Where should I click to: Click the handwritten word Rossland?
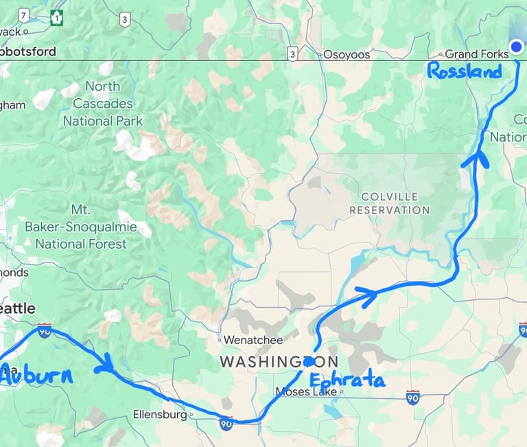pyautogui.click(x=464, y=71)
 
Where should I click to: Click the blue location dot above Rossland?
pyautogui.click(x=516, y=47)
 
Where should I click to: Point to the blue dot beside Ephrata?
pyautogui.click(x=309, y=361)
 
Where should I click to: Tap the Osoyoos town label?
pyautogui.click(x=346, y=54)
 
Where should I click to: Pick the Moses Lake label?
pyautogui.click(x=305, y=392)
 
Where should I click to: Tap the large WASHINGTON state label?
pyautogui.click(x=278, y=361)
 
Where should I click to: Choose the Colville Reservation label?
pyautogui.click(x=389, y=203)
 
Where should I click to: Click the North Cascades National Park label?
pyautogui.click(x=103, y=104)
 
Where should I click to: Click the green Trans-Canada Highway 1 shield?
pyautogui.click(x=56, y=19)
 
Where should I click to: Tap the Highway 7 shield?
pyautogui.click(x=24, y=15)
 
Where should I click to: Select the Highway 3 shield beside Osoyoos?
pyautogui.click(x=292, y=54)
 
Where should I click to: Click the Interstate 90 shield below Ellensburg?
pyautogui.click(x=226, y=424)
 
